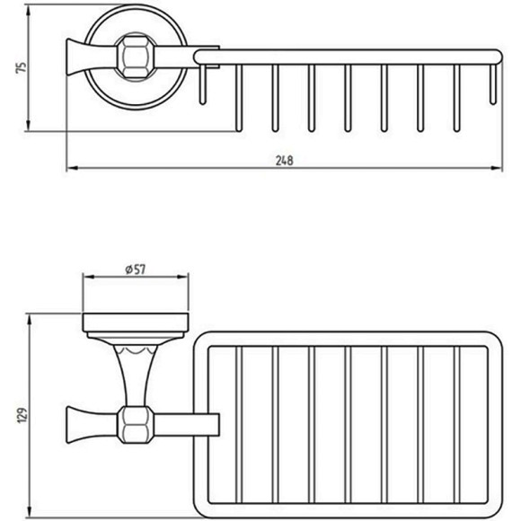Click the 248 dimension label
(285, 161)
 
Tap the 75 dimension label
(21, 67)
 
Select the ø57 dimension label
(136, 269)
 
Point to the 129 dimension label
(22, 415)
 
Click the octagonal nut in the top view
(136, 57)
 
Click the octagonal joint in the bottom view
(136, 424)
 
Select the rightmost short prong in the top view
(493, 84)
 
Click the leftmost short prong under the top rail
(202, 84)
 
